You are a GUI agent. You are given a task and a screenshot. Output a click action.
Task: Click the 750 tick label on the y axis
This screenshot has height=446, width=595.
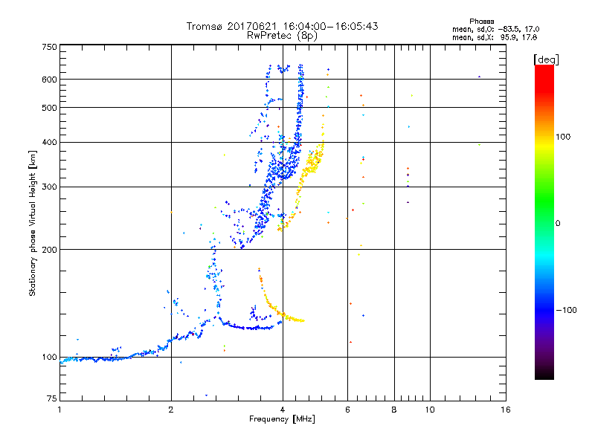click(50, 47)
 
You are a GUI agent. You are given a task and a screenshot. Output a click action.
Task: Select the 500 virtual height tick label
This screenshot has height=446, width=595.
click(50, 108)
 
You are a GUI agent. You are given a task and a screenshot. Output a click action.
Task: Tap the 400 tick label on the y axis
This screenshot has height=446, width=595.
click(50, 142)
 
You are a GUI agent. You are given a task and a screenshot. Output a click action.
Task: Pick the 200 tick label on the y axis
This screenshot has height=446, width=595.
click(50, 250)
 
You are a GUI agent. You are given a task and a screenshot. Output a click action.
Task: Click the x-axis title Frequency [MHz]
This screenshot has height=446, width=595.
click(282, 420)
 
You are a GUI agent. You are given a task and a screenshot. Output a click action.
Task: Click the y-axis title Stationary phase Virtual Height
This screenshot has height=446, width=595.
click(33, 223)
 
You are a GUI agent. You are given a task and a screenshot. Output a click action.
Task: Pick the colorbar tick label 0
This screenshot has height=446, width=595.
click(558, 223)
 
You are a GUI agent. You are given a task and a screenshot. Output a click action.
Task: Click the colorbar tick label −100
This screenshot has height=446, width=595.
click(567, 310)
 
